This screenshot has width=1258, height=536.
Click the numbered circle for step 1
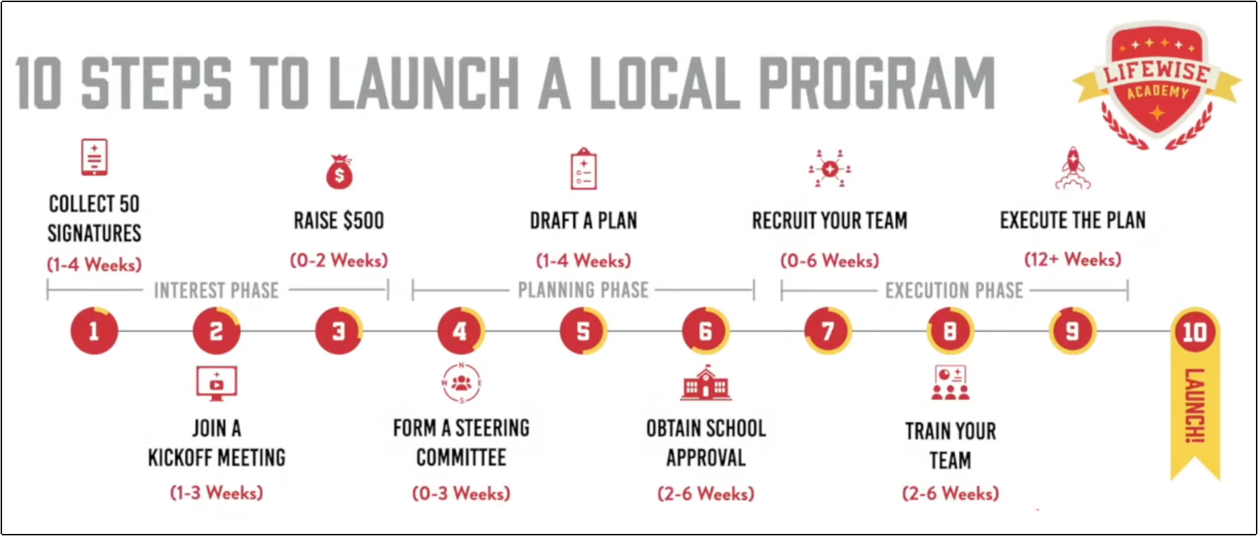[94, 331]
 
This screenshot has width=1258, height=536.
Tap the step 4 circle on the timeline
[460, 331]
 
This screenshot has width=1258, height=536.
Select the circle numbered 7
[827, 331]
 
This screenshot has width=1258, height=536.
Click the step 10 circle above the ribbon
[1194, 332]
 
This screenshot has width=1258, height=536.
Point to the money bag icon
[339, 172]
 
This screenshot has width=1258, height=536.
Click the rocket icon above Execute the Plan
[1072, 168]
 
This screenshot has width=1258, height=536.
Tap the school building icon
[705, 383]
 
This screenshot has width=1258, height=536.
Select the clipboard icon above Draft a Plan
[583, 169]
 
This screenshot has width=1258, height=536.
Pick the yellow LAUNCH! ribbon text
[1195, 406]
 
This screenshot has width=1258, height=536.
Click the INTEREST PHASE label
[216, 290]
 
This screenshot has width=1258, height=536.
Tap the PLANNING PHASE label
[583, 290]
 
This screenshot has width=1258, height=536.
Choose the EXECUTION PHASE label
[954, 290]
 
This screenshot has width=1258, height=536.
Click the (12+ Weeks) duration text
[1072, 259]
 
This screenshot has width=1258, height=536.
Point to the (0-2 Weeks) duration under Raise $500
[339, 260]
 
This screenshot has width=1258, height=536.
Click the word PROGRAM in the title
[877, 83]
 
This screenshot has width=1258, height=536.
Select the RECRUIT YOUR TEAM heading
[829, 221]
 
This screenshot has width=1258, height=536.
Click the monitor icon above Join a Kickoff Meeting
[216, 383]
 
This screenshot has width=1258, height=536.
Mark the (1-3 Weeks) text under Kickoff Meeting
[216, 493]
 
